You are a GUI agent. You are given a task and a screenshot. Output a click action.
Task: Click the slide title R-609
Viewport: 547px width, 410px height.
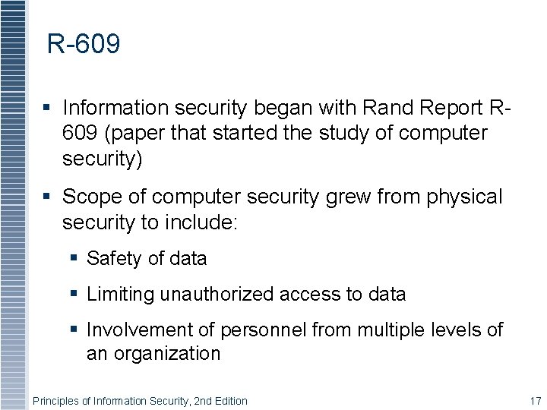click(84, 45)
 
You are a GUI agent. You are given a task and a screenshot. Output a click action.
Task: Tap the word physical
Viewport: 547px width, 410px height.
click(465, 197)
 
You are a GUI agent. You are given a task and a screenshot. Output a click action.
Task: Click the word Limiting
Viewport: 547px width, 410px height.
click(121, 295)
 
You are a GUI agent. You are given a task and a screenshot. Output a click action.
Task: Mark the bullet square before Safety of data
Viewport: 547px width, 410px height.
click(74, 259)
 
